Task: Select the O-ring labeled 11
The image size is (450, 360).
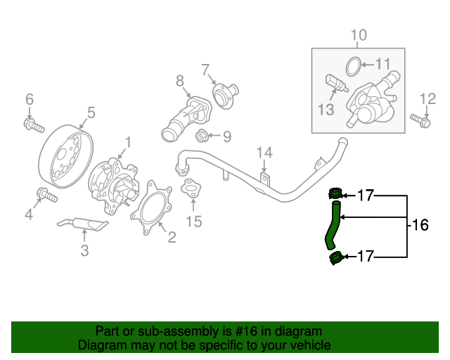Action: [354, 67]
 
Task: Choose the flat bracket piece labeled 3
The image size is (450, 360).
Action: [83, 224]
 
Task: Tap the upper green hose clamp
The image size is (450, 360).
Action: [335, 193]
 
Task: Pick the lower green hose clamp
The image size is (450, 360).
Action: [336, 258]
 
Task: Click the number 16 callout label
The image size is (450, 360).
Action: [419, 225]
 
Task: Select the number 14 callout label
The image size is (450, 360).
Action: [264, 153]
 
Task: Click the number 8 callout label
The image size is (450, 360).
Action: [179, 81]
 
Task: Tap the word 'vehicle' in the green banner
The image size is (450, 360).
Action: [306, 345]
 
